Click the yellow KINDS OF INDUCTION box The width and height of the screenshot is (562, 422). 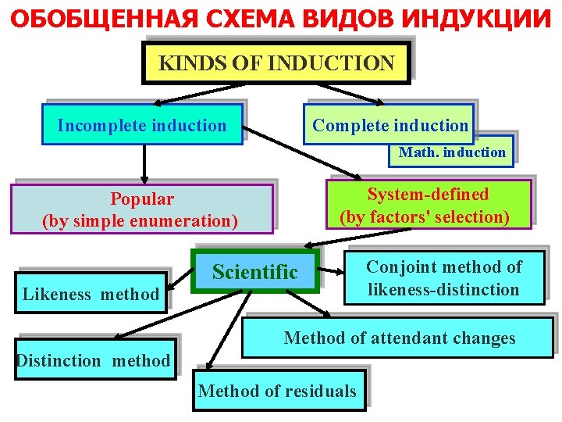[276, 63]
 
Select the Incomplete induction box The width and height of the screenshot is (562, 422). [142, 126]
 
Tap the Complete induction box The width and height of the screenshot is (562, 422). [389, 126]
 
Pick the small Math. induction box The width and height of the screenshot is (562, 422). [452, 152]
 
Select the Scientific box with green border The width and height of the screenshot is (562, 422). [255, 272]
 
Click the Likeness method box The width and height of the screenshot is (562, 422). [91, 294]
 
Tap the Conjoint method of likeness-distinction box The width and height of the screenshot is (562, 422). [443, 278]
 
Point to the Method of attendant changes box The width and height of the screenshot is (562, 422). [400, 338]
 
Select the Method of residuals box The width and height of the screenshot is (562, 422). [277, 391]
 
